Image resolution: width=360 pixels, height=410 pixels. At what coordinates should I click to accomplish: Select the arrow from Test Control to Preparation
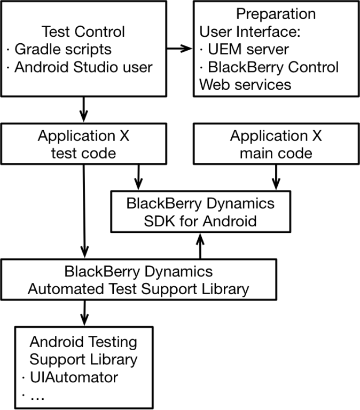[179, 49]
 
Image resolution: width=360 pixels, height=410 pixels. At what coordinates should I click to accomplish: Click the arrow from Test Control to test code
[83, 109]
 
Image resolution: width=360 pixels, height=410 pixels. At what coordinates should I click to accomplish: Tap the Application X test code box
[83, 144]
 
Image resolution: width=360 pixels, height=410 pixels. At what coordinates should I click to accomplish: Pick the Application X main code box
[276, 144]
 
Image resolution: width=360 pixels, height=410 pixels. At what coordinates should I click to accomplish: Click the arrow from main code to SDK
[276, 176]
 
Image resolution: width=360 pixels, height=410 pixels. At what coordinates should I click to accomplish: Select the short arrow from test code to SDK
[139, 176]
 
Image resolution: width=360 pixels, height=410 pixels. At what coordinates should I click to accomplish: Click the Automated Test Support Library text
[138, 289]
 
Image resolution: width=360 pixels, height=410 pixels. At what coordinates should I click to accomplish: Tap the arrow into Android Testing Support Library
[83, 312]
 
